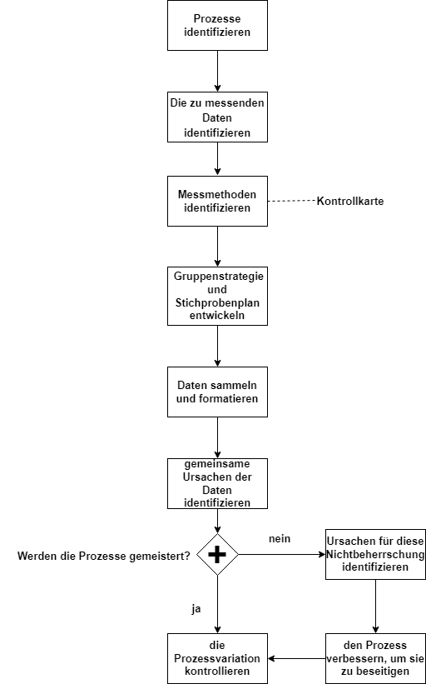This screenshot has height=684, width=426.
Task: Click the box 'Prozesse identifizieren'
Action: coord(217,25)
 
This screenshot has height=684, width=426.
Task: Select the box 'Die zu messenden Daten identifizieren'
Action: coord(217,117)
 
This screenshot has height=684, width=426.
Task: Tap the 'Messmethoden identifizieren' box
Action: coord(217,201)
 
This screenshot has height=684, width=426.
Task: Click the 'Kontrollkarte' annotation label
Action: coord(350,202)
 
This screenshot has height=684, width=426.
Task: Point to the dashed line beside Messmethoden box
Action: coord(292,201)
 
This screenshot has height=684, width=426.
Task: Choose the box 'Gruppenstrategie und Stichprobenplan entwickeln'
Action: coord(217,297)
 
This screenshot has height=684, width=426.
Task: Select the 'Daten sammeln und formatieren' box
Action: coord(217,392)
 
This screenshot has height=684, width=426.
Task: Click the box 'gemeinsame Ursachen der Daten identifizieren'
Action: coord(217,483)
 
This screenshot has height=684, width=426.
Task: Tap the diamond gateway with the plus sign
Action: coord(217,554)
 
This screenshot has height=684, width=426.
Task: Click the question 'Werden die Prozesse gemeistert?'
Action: coord(104,557)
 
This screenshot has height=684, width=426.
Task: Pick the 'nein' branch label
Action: coord(280,539)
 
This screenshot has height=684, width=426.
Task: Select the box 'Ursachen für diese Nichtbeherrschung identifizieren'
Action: coord(375,554)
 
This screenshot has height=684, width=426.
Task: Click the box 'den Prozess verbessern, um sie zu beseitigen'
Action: coord(375,658)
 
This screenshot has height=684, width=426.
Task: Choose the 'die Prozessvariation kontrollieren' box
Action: coord(217,658)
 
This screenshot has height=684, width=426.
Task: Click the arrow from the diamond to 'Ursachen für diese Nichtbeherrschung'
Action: coord(282,554)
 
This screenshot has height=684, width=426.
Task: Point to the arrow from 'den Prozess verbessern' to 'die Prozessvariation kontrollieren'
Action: coord(297,658)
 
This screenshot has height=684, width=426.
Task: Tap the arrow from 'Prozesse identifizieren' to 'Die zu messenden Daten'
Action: coord(217,71)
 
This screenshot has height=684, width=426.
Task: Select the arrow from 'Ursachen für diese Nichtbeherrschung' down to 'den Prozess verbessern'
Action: coord(375,607)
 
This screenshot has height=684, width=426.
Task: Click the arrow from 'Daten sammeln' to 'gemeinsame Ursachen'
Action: coord(217,437)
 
